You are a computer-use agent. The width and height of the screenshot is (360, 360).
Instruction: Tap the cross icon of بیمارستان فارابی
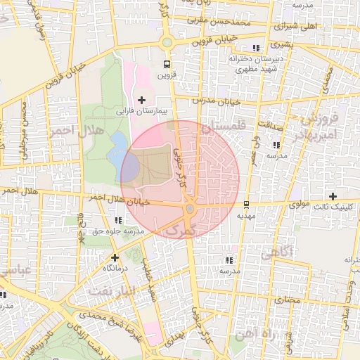pyautogui.click(x=142, y=100)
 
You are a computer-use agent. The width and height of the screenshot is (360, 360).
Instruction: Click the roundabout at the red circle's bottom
pyautogui.click(x=189, y=210)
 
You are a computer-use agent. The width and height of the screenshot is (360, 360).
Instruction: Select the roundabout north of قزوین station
pyautogui.click(x=167, y=43)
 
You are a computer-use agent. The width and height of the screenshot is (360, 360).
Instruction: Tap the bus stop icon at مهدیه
pyautogui.click(x=246, y=205)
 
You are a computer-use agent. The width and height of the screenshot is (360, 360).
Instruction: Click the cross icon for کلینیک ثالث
pyautogui.click(x=333, y=196)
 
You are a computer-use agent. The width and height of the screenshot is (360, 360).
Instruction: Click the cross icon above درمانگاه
pyautogui.click(x=115, y=257)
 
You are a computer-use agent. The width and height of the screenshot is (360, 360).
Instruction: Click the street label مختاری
pyautogui.click(x=287, y=300)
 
